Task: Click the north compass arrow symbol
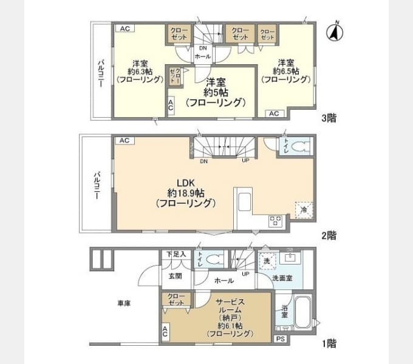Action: pyautogui.click(x=334, y=32)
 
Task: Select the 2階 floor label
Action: pyautogui.click(x=328, y=235)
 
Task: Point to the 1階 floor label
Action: pyautogui.click(x=328, y=343)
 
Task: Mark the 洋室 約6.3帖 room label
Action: pyautogui.click(x=140, y=71)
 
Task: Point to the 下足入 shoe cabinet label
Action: pyautogui.click(x=176, y=254)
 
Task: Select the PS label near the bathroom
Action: pyautogui.click(x=280, y=339)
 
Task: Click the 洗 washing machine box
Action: pyautogui.click(x=267, y=260)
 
